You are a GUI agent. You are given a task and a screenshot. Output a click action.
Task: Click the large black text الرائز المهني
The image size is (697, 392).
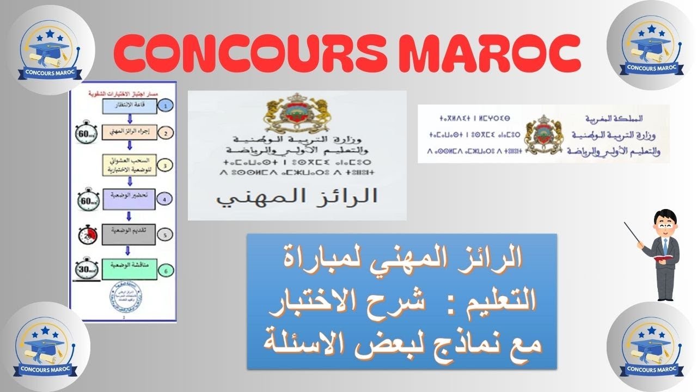[296, 197]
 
